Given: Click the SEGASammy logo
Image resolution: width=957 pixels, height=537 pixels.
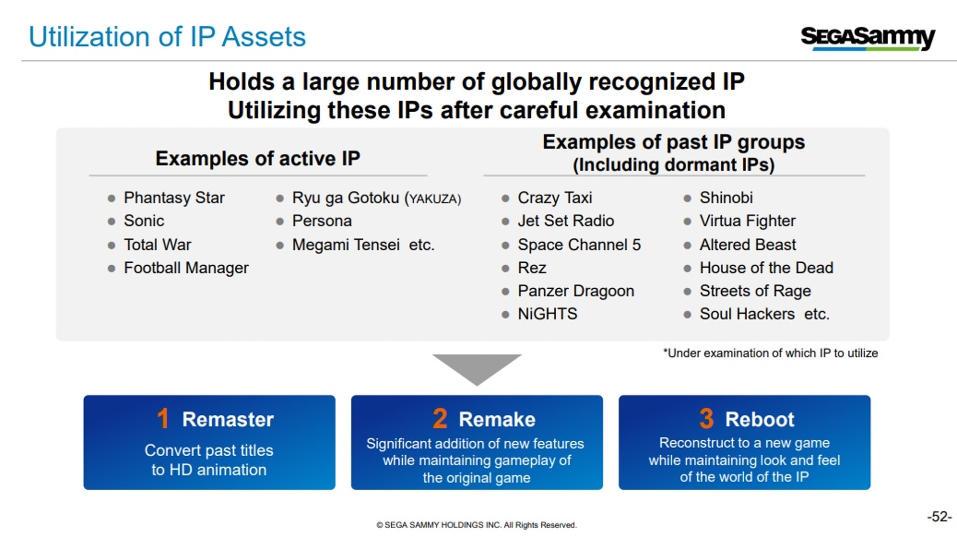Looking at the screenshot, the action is [x=868, y=37].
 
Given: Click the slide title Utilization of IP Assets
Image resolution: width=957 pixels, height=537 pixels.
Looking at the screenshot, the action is [x=167, y=37].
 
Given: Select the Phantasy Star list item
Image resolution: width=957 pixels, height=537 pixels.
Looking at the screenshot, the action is [x=174, y=198].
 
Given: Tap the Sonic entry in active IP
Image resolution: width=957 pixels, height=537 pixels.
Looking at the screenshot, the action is [x=144, y=221].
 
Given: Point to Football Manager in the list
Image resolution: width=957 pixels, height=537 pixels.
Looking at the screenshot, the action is [x=186, y=268].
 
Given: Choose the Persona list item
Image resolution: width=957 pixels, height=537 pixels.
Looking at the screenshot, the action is [x=322, y=221].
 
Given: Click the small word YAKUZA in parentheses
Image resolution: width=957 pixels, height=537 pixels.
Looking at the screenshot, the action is [x=433, y=199].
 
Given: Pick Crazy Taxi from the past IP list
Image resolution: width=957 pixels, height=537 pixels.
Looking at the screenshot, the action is [x=555, y=198].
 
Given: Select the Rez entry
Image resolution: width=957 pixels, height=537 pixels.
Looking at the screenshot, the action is [x=532, y=268].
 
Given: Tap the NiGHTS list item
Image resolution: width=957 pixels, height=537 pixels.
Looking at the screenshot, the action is [x=547, y=314].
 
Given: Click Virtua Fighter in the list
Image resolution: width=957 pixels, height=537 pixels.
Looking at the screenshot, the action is [x=748, y=221].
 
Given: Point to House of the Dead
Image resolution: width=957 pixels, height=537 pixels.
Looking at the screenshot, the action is [x=766, y=268].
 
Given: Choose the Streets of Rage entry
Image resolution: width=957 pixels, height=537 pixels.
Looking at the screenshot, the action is [x=755, y=291].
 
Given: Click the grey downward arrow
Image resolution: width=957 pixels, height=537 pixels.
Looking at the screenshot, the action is [x=477, y=368].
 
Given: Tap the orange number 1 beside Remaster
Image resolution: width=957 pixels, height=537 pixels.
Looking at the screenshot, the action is [x=163, y=418].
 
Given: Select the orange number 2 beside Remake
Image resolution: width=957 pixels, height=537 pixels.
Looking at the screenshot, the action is [x=440, y=418].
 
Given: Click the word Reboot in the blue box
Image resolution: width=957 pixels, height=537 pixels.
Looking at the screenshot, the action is [x=760, y=419].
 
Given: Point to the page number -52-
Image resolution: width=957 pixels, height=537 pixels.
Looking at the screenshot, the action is [x=940, y=517].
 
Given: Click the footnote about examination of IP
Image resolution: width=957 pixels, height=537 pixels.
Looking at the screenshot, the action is [x=771, y=353].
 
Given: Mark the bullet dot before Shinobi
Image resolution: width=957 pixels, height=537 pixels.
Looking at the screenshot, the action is [x=687, y=198].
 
